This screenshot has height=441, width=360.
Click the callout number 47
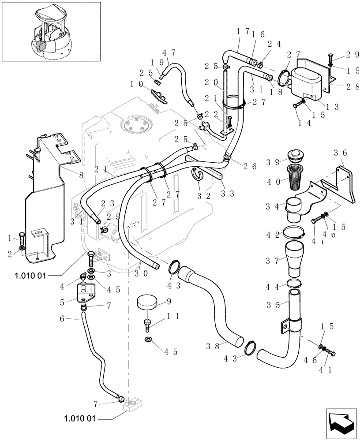169,52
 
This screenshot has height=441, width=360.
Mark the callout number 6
62,318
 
